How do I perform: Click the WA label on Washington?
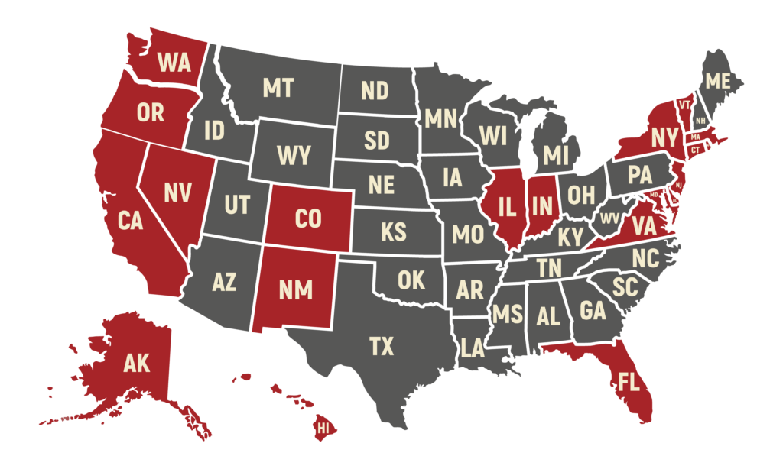174,63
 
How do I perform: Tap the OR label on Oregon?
151,113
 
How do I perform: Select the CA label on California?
131,221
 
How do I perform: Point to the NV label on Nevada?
178,192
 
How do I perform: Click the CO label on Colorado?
307,219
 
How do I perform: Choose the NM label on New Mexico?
294,290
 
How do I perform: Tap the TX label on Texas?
382,347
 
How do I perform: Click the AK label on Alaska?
137,364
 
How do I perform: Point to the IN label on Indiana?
541,205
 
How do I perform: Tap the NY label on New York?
664,138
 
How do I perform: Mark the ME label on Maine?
718,81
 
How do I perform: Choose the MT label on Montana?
278,88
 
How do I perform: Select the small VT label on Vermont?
684,105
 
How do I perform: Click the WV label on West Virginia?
609,218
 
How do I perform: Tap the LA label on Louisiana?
473,350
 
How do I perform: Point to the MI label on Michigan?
557,156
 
